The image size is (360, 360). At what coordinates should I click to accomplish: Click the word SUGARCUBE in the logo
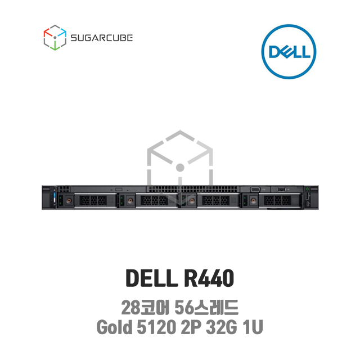pos(101,38)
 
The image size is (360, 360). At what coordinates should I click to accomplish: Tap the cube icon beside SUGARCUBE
pos(55,38)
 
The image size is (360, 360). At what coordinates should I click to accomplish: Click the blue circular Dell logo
pos(289,52)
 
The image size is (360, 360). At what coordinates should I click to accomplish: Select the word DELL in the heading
pos(152,278)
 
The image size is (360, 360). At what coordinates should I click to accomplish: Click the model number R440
pos(209,278)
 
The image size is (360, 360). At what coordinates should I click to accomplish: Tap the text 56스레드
pos(206,308)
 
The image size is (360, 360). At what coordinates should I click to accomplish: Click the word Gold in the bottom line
pos(114,327)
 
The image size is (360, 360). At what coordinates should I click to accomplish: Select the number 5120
pos(156,327)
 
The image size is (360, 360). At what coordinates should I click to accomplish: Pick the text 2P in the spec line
pos(190,327)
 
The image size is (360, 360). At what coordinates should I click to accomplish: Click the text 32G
pos(221,327)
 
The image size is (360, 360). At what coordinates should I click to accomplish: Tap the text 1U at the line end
pos(253,327)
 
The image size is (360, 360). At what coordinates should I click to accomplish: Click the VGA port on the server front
pos(255,190)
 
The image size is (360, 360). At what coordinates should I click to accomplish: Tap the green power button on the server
pos(307,189)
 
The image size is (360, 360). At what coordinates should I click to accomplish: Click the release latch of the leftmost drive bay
pos(69,201)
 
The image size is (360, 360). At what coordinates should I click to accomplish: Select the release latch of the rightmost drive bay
pos(254,201)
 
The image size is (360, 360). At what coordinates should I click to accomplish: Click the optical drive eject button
pos(119,189)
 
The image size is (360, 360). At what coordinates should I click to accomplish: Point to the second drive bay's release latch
pos(130,201)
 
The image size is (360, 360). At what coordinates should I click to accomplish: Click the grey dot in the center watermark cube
pos(180,168)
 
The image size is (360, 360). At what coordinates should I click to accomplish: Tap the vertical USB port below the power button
pos(307,197)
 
